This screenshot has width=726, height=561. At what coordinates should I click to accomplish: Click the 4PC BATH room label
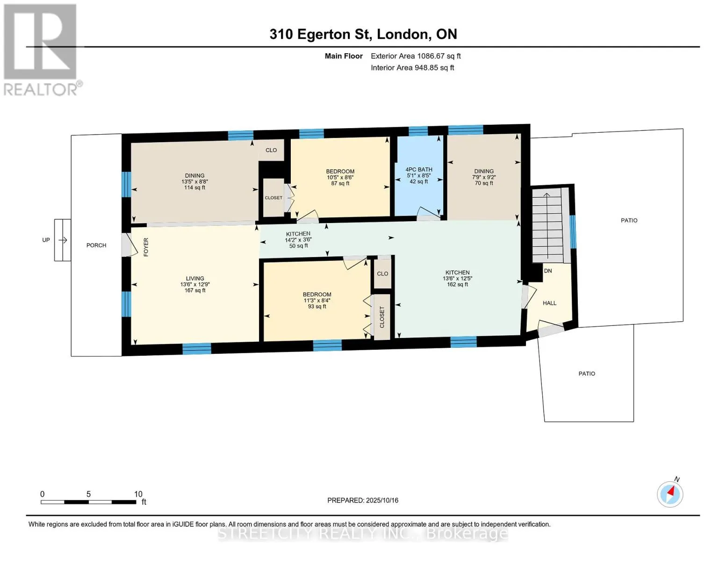click(x=418, y=169)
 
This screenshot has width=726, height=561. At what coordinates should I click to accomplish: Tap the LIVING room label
click(x=195, y=278)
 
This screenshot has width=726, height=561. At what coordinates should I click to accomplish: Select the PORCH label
click(x=96, y=245)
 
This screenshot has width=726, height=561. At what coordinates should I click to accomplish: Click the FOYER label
click(x=146, y=247)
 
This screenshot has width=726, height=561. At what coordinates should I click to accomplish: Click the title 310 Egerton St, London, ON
click(x=363, y=34)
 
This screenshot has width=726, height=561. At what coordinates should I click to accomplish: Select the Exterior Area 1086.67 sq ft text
click(x=416, y=56)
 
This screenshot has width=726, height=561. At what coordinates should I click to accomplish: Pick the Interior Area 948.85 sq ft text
click(x=412, y=68)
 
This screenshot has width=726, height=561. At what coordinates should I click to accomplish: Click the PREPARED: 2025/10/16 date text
click(x=363, y=500)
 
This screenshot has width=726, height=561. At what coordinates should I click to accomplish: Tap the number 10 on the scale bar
click(x=138, y=494)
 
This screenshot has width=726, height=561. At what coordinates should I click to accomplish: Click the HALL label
click(x=550, y=303)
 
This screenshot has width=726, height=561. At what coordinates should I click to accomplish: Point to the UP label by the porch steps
click(x=46, y=240)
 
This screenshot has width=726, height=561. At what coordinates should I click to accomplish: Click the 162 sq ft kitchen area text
click(x=457, y=284)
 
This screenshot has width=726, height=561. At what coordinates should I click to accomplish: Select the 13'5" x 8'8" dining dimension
click(x=195, y=181)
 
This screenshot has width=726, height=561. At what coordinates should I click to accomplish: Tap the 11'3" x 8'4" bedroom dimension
click(x=317, y=301)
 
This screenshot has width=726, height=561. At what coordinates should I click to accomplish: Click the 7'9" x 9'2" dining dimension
click(x=484, y=177)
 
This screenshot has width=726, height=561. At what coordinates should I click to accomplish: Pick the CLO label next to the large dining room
click(x=271, y=151)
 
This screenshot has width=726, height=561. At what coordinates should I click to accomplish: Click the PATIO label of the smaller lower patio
click(x=587, y=374)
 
